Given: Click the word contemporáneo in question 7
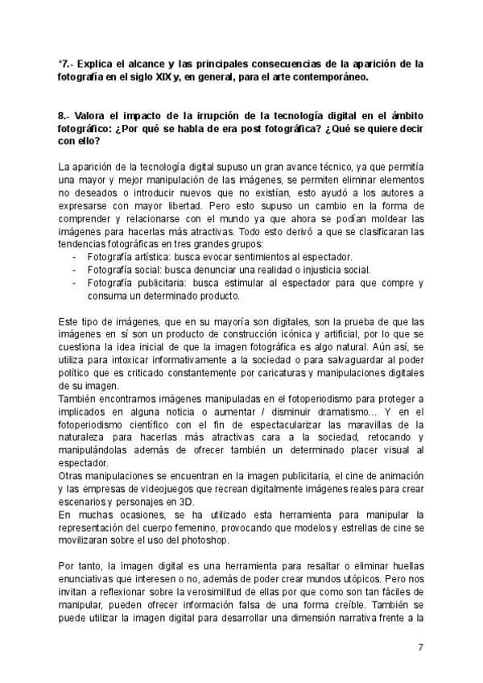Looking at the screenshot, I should click(325, 77).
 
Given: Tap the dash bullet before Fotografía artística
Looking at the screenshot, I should click(75, 257).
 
